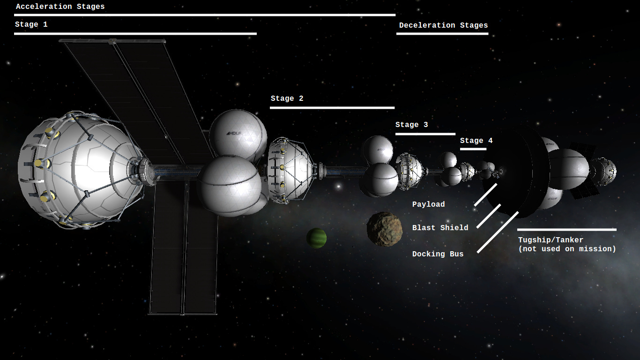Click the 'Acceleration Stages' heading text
click(60, 7)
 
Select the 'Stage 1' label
click(31, 24)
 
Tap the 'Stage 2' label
click(287, 98)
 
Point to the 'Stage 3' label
click(411, 125)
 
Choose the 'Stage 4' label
click(476, 141)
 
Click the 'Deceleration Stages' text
click(443, 25)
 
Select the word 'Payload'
click(428, 204)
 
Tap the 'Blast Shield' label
click(440, 228)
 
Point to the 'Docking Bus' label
click(438, 254)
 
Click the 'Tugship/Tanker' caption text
click(551, 240)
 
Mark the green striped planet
click(316, 238)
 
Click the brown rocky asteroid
click(385, 229)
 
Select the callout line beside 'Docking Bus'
click(498, 232)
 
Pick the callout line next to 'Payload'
click(485, 195)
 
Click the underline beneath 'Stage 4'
click(473, 149)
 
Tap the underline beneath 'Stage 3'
click(425, 134)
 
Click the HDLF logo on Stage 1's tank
click(234, 133)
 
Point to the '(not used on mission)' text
click(567, 249)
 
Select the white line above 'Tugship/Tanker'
click(567, 230)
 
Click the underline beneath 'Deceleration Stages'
click(442, 34)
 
